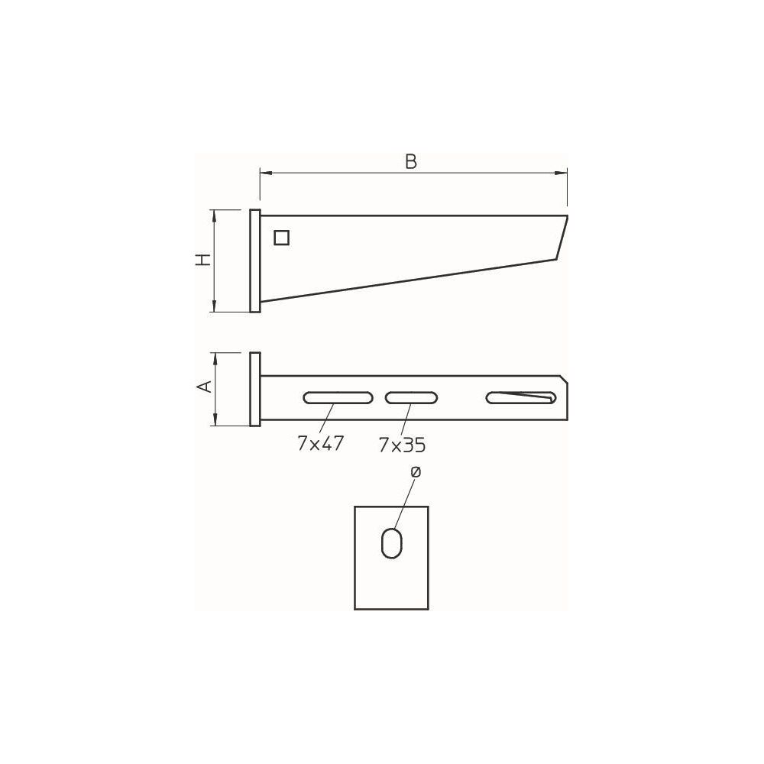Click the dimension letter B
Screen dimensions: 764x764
pos(411,161)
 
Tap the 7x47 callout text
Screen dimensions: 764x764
pos(321,443)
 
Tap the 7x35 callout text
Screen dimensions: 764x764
pos(402,445)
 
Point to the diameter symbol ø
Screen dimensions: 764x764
pos(416,471)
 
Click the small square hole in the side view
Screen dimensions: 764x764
pos(282,238)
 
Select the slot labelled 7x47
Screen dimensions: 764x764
pos(338,397)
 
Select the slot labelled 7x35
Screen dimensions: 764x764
pos(411,397)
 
